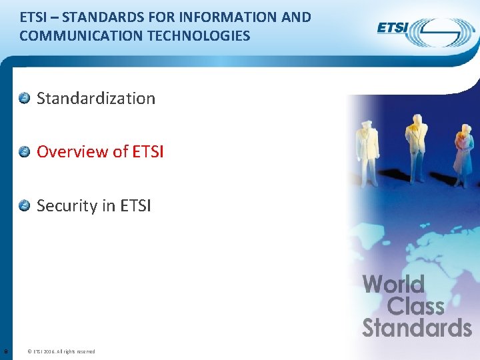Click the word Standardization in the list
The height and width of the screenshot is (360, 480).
click(96, 99)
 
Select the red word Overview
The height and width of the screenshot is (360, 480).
click(72, 152)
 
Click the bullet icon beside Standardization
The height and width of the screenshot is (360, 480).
click(24, 99)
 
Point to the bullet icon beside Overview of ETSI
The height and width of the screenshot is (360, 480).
click(24, 152)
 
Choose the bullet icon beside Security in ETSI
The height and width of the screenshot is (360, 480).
click(24, 205)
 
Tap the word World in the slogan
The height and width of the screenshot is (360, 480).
click(393, 285)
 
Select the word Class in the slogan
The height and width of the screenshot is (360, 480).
click(415, 307)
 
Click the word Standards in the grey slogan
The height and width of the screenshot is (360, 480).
click(417, 328)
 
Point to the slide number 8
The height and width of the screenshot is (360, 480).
click(6, 351)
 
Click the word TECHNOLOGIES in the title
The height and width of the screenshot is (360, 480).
click(196, 36)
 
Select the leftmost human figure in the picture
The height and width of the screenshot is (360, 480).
click(367, 150)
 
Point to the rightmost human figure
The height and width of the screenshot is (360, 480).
click(461, 153)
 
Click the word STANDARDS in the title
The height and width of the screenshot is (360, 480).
click(103, 17)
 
